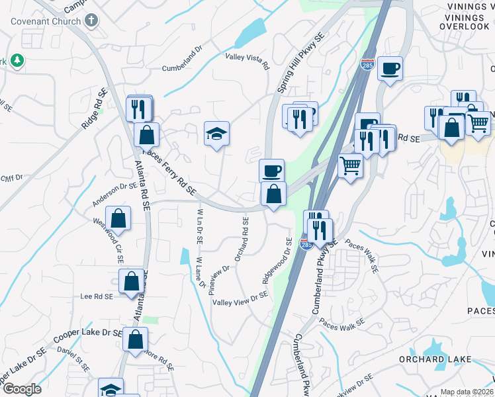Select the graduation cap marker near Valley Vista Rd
(x=216, y=134)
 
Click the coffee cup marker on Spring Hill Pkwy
(x=271, y=171)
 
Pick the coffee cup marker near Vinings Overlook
(x=390, y=68)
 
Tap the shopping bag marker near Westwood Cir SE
(x=118, y=218)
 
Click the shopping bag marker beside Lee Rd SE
(x=131, y=281)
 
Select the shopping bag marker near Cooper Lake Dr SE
(x=135, y=340)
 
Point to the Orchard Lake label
(x=435, y=359)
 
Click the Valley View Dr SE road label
(x=240, y=299)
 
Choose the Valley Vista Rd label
(x=247, y=62)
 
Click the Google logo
(x=22, y=388)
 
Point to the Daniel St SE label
(x=73, y=357)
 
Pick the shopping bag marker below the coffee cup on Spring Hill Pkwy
(x=273, y=195)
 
